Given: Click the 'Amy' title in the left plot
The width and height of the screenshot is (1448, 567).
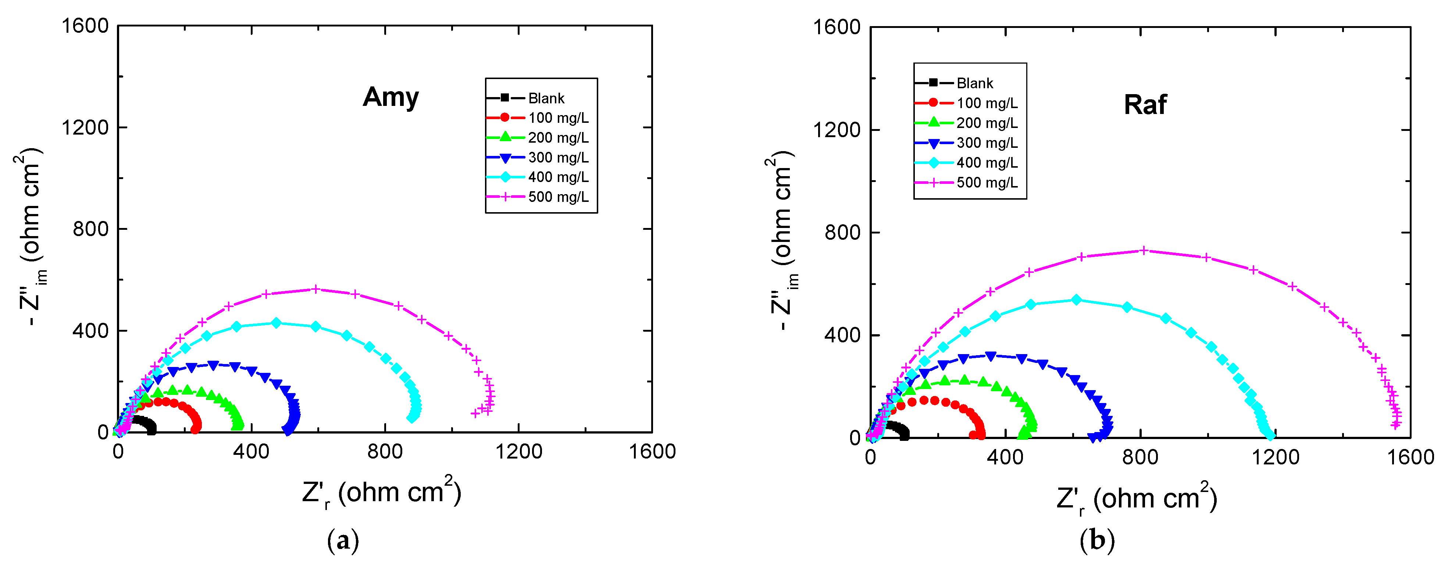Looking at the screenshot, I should point(390,97).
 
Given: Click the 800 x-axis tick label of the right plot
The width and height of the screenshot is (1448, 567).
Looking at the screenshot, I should point(1140,457).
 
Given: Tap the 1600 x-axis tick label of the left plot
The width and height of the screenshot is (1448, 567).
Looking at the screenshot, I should point(652,451).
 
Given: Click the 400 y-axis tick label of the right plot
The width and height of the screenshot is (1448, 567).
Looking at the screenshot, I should point(842,335).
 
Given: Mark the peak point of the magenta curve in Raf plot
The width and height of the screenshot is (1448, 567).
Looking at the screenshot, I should point(1143,251).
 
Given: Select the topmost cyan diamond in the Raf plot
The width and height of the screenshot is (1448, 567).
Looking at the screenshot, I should point(1076,300).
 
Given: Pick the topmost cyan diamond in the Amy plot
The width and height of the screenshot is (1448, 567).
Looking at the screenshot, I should point(276,323).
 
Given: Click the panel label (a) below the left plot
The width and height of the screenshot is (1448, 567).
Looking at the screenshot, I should point(342,541).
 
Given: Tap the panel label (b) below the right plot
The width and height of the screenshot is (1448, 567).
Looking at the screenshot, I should point(1097,541).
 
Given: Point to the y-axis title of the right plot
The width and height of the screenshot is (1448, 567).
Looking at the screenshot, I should point(782,242).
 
